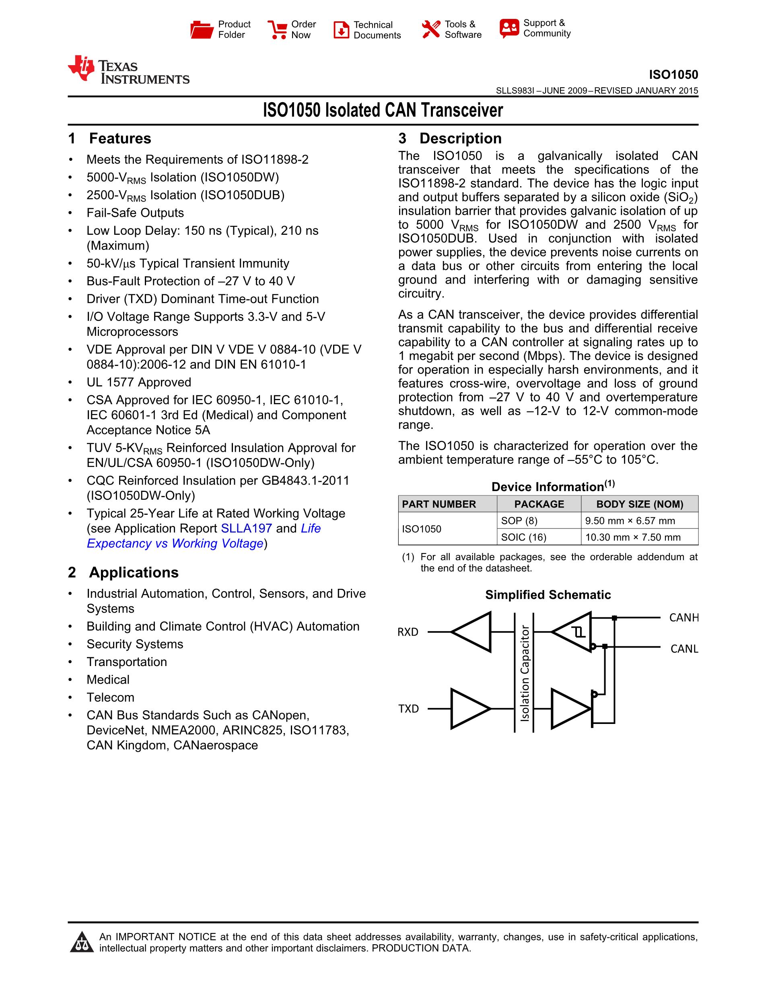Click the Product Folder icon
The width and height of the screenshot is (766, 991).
[202, 29]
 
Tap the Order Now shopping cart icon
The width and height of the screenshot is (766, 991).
[277, 29]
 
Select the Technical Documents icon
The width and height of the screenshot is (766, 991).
[341, 30]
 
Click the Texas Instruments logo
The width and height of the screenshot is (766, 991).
[128, 70]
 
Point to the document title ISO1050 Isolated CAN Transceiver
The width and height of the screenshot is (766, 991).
[383, 110]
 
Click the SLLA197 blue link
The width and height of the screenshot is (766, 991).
[246, 528]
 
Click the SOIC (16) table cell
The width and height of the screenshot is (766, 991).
[523, 537]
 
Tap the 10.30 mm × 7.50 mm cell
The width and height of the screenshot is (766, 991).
[632, 537]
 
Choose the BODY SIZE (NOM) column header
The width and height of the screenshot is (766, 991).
[639, 504]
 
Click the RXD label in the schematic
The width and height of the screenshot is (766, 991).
[408, 632]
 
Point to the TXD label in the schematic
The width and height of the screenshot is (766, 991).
[408, 709]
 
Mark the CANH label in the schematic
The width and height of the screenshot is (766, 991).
[684, 617]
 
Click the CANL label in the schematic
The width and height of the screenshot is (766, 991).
[684, 649]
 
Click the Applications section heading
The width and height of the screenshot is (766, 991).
[134, 573]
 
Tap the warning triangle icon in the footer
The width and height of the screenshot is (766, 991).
[81, 942]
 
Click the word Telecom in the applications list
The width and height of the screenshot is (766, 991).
[110, 697]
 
